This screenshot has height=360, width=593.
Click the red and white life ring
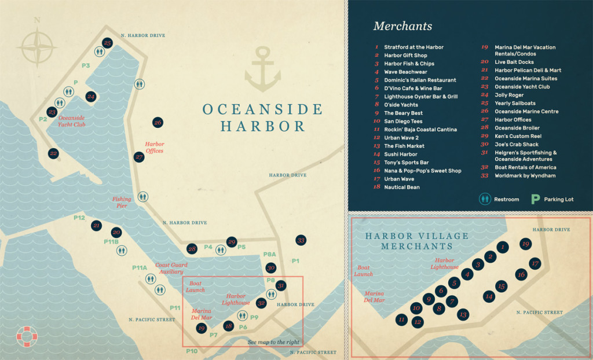[x=26, y=335]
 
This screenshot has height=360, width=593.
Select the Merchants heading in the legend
[x=402, y=26]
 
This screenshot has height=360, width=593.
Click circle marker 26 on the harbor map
[x=157, y=122]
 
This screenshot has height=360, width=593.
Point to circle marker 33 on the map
[x=301, y=240]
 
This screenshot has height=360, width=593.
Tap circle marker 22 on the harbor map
[x=53, y=153]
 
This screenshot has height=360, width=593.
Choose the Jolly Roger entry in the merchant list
[x=509, y=95]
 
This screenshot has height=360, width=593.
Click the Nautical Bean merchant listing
[x=401, y=188]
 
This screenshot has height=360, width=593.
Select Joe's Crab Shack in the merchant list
[x=517, y=144]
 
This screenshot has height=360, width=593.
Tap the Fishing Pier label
[x=122, y=202]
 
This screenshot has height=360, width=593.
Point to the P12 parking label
[x=79, y=218]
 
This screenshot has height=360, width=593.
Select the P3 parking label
[x=86, y=66]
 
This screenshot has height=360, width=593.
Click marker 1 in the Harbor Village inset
[x=503, y=247]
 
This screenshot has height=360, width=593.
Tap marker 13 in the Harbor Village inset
[x=462, y=314]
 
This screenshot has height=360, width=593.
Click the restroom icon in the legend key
[x=485, y=199]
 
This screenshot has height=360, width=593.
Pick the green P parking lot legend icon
[x=536, y=199]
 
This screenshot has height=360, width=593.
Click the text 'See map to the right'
[x=274, y=342]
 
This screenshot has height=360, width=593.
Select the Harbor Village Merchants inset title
[x=409, y=241]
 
